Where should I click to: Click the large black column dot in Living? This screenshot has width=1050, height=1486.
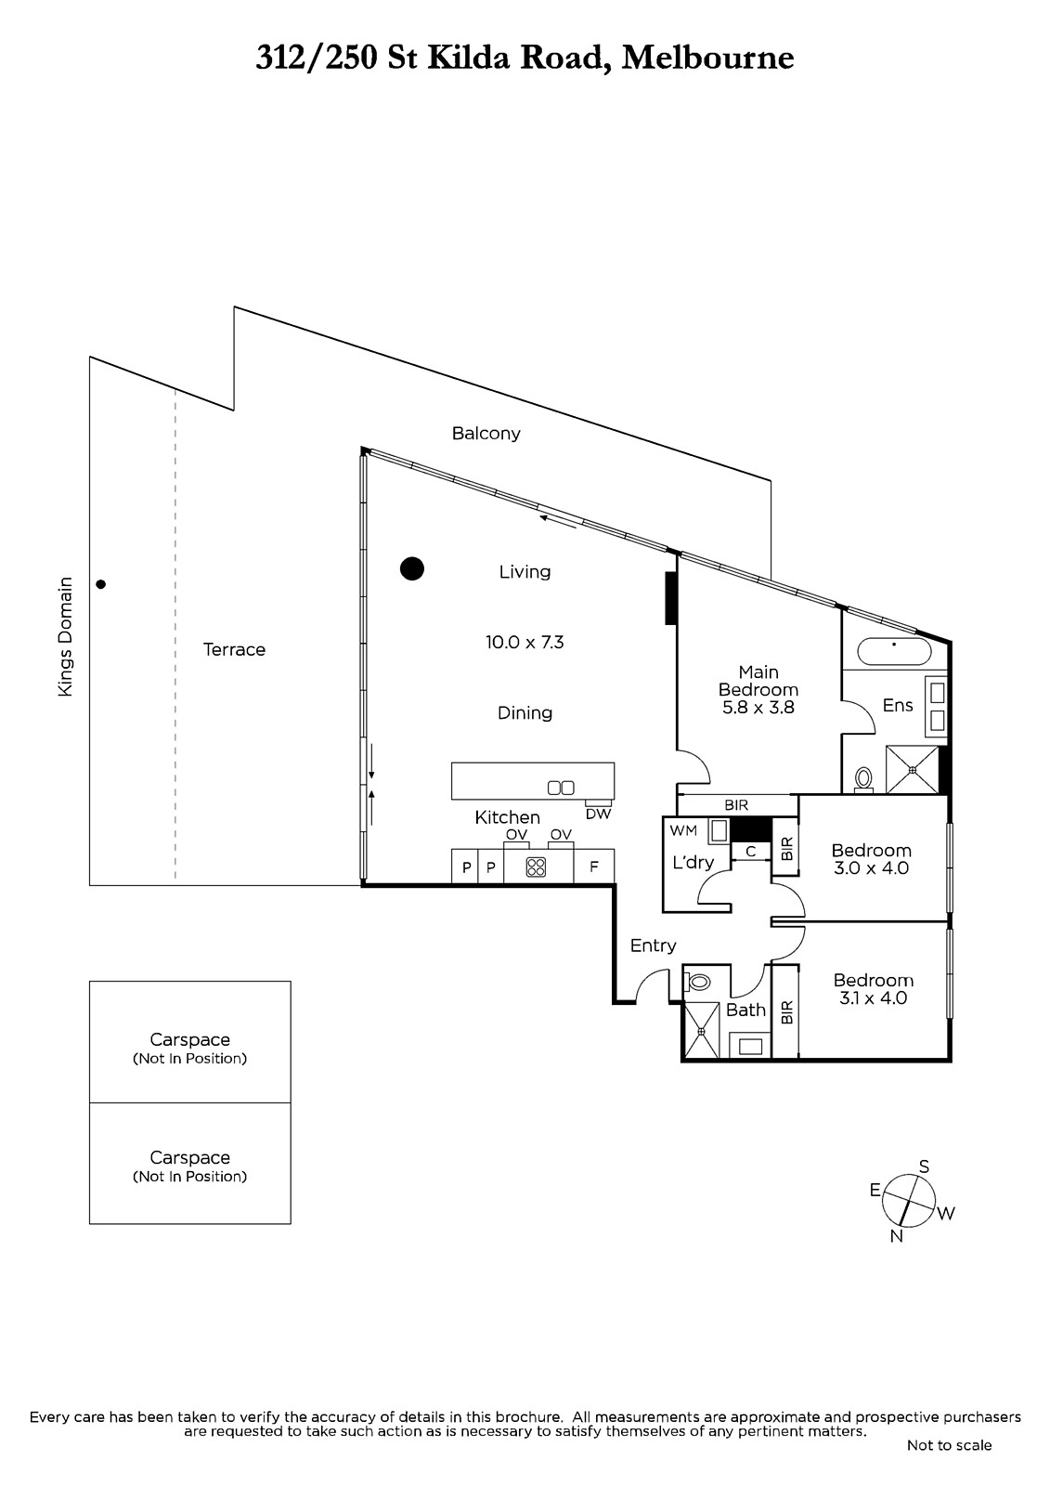pyautogui.click(x=412, y=568)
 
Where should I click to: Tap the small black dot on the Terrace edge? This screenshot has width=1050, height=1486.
pyautogui.click(x=101, y=584)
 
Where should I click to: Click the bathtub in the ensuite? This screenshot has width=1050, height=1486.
pyautogui.click(x=894, y=652)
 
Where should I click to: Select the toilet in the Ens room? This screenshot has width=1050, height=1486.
pyautogui.click(x=863, y=779)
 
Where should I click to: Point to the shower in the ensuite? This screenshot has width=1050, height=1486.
pyautogui.click(x=913, y=770)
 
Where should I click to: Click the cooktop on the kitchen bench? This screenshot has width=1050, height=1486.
pyautogui.click(x=536, y=867)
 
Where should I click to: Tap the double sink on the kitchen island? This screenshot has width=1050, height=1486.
pyautogui.click(x=561, y=788)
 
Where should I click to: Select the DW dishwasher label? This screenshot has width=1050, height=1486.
pyautogui.click(x=598, y=814)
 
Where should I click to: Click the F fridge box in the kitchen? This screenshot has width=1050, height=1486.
pyautogui.click(x=594, y=867)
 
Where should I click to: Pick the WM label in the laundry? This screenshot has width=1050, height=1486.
pyautogui.click(x=683, y=830)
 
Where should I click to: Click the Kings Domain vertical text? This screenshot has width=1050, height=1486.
pyautogui.click(x=65, y=636)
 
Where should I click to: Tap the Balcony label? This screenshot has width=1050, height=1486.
pyautogui.click(x=486, y=433)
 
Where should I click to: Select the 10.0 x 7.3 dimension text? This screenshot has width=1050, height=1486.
pyautogui.click(x=525, y=642)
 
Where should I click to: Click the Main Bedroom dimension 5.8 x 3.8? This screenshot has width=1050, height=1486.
pyautogui.click(x=758, y=707)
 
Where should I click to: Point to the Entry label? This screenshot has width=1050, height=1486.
pyautogui.click(x=654, y=946)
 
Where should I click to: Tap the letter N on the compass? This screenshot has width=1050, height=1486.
pyautogui.click(x=897, y=1236)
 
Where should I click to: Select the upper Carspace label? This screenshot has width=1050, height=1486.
pyautogui.click(x=189, y=1039)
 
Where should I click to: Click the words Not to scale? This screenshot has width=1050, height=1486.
pyautogui.click(x=949, y=1445)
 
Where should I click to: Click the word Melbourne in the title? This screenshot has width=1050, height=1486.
pyautogui.click(x=707, y=58)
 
